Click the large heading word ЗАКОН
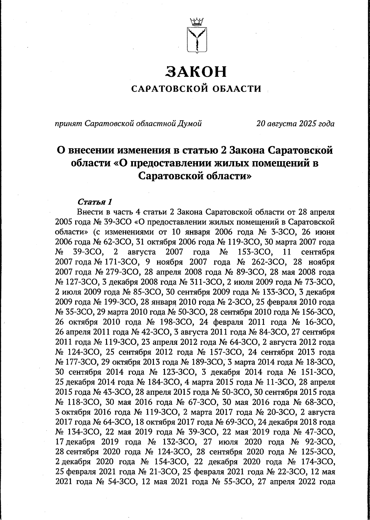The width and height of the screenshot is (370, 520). (196, 72)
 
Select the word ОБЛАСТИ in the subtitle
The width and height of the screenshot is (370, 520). (237, 89)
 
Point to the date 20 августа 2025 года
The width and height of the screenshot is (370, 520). (295, 124)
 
